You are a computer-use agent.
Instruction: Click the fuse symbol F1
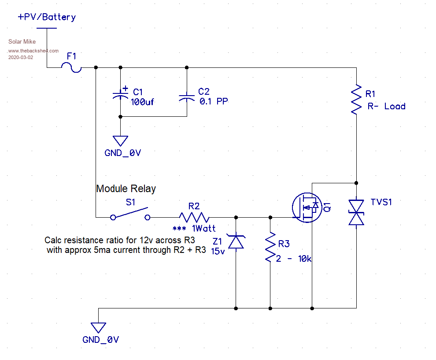click(71, 67)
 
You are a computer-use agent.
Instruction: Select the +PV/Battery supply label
click(47, 17)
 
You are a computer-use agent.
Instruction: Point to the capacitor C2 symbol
click(187, 96)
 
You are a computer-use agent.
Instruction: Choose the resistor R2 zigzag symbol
click(194, 217)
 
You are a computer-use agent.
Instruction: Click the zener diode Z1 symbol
click(237, 241)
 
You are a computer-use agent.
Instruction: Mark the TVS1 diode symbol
click(356, 212)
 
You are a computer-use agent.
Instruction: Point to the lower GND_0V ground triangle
click(98, 327)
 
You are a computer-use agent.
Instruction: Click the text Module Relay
click(126, 189)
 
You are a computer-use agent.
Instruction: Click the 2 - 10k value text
click(294, 259)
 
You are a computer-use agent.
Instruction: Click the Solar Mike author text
click(22, 42)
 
